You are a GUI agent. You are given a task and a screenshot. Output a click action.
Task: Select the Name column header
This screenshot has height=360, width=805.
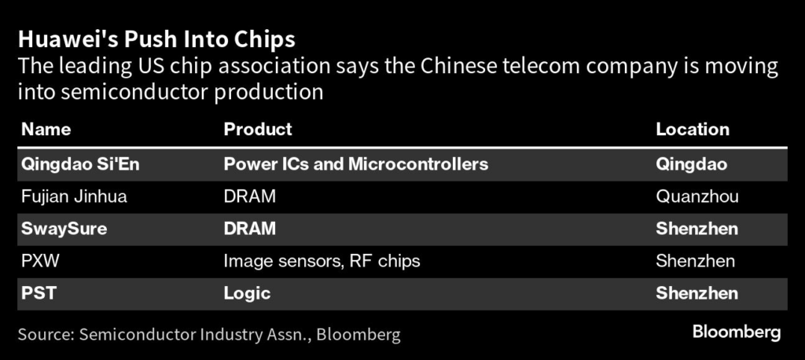tap(46, 129)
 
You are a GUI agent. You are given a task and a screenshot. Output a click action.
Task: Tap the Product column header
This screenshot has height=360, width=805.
tap(258, 129)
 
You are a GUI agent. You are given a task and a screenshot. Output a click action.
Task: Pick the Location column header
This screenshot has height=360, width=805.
tap(693, 129)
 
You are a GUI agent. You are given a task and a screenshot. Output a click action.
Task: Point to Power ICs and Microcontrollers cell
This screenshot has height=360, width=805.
tap(356, 164)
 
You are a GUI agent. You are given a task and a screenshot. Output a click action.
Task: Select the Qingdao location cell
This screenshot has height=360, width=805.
tap(691, 164)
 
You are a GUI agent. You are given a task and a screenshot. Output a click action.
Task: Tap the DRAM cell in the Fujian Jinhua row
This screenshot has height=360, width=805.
tap(250, 197)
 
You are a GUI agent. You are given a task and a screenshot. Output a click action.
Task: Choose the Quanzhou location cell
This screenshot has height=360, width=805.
tap(697, 197)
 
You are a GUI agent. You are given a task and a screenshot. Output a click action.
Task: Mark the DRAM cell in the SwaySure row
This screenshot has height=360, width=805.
tap(250, 229)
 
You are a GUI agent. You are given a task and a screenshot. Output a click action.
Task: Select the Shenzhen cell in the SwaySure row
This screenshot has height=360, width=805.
tap(697, 229)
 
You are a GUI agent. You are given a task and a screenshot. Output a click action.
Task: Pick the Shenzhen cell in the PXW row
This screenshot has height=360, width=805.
tap(696, 261)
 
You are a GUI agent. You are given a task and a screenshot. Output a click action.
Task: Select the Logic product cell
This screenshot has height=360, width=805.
tap(247, 293)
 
